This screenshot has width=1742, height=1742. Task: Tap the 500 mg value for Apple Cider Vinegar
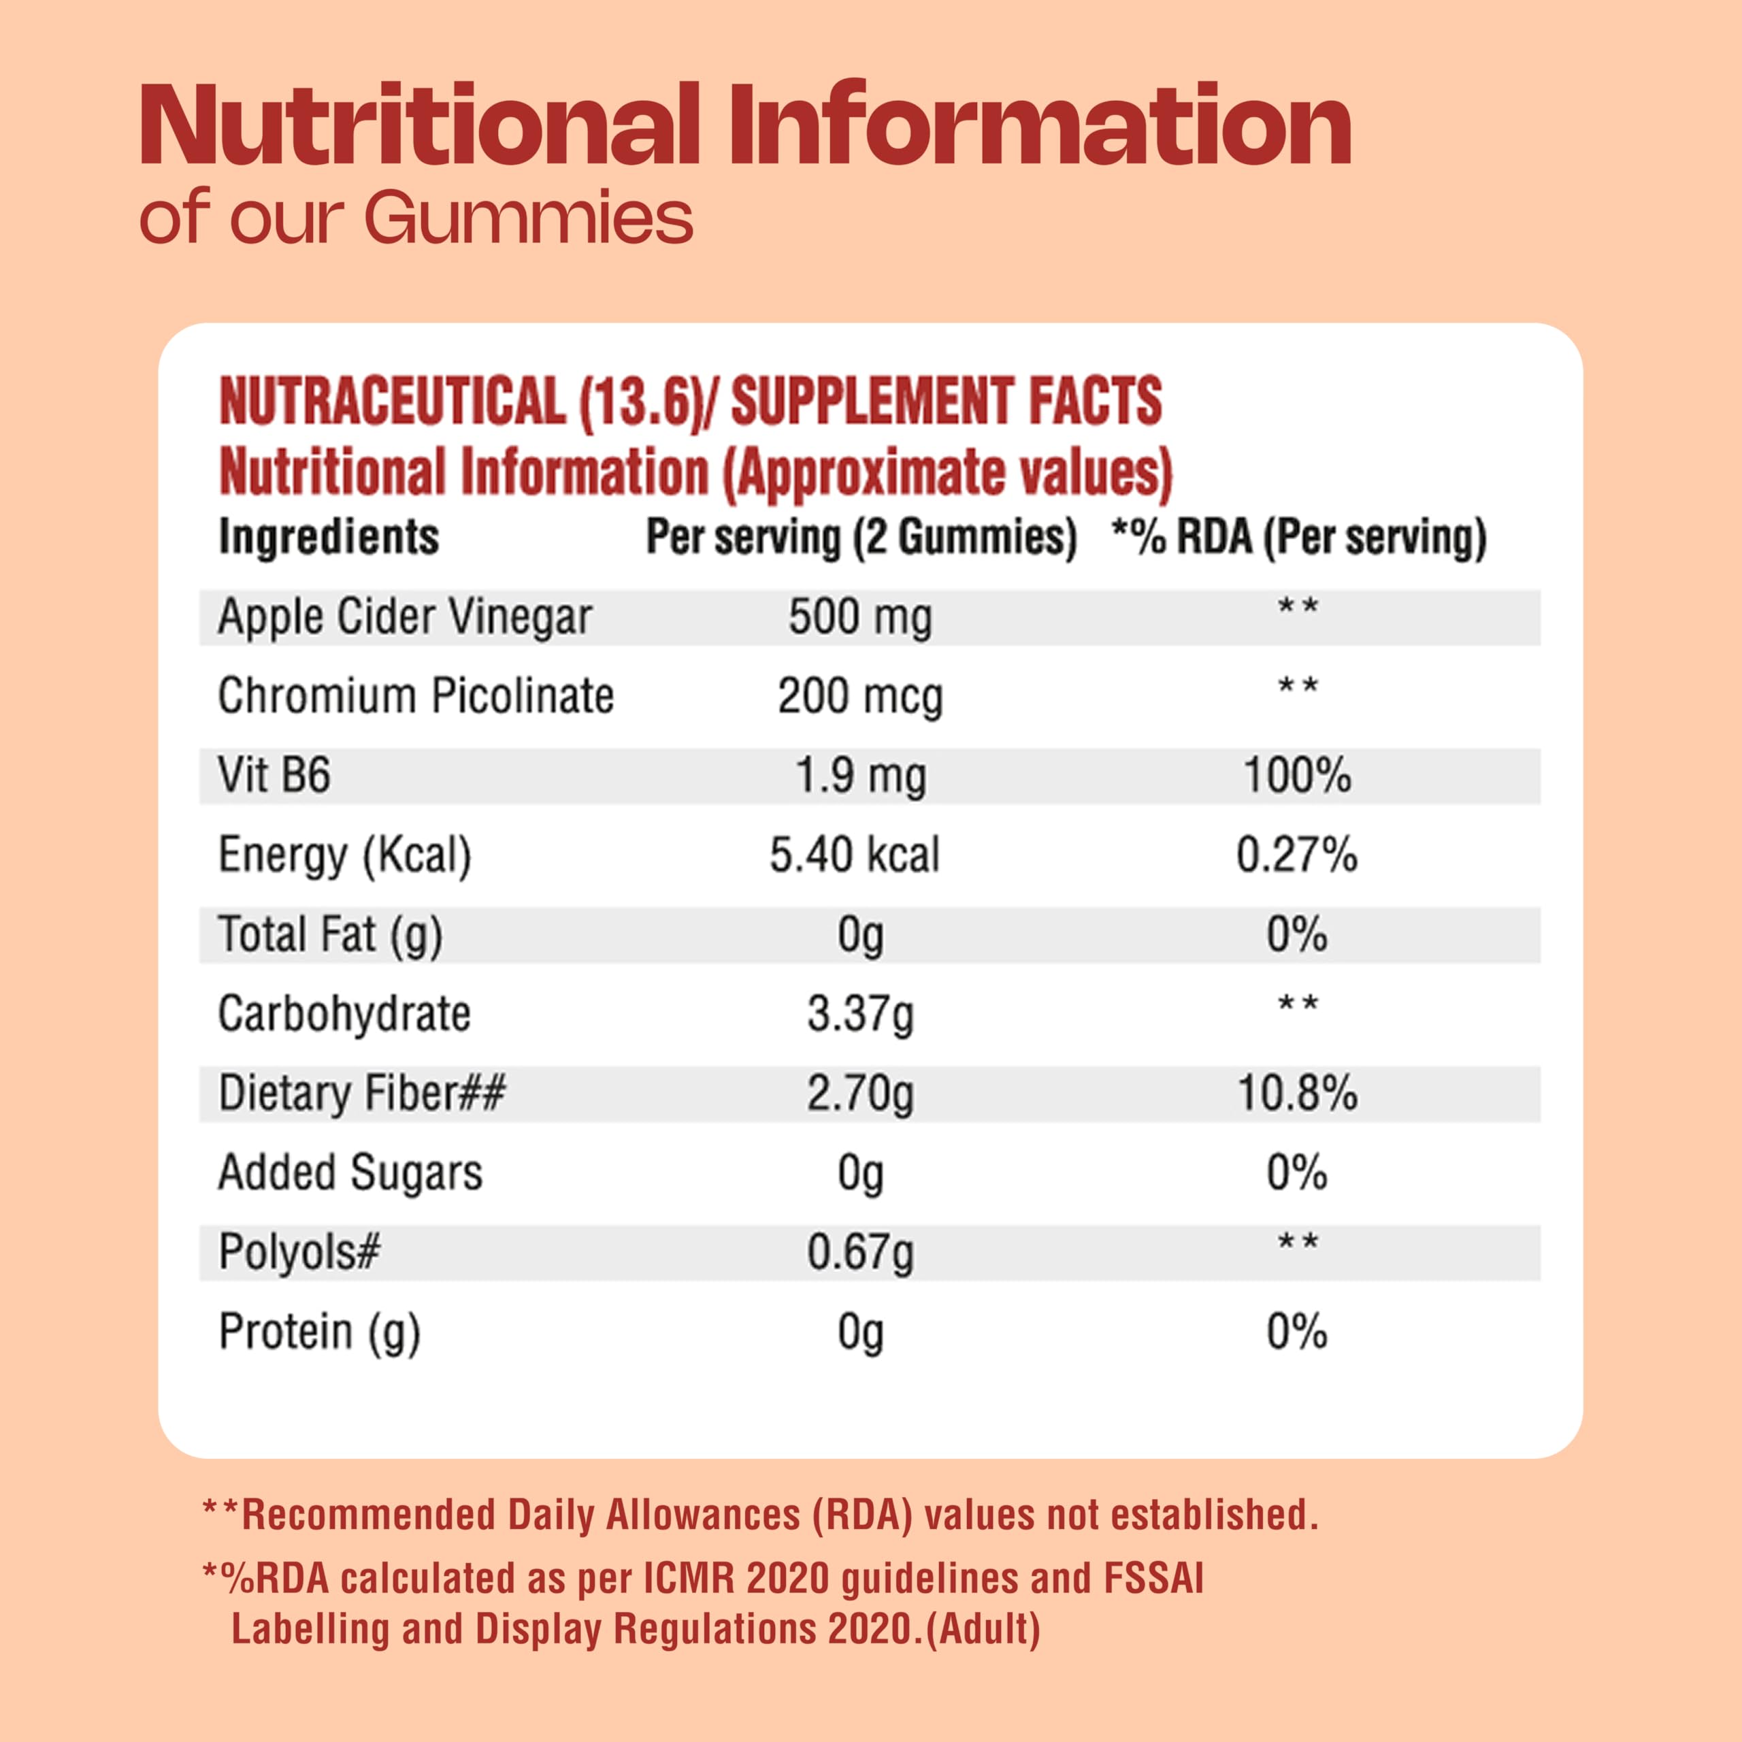coord(860,618)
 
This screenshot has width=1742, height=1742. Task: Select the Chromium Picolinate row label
coord(416,696)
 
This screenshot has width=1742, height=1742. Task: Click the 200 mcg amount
coord(860,697)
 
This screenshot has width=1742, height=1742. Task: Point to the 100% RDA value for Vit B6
coord(1298,776)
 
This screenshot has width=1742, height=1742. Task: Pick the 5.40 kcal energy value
coord(854,855)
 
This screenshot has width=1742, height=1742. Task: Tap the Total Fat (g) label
coord(330,935)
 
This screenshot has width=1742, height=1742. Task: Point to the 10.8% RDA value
coord(1298,1094)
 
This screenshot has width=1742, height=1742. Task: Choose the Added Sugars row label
coord(350,1173)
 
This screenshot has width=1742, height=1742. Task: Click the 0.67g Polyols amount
coord(860,1252)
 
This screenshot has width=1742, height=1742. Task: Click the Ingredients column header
coord(329,538)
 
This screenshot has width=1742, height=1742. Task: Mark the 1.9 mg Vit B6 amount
coord(860,776)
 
